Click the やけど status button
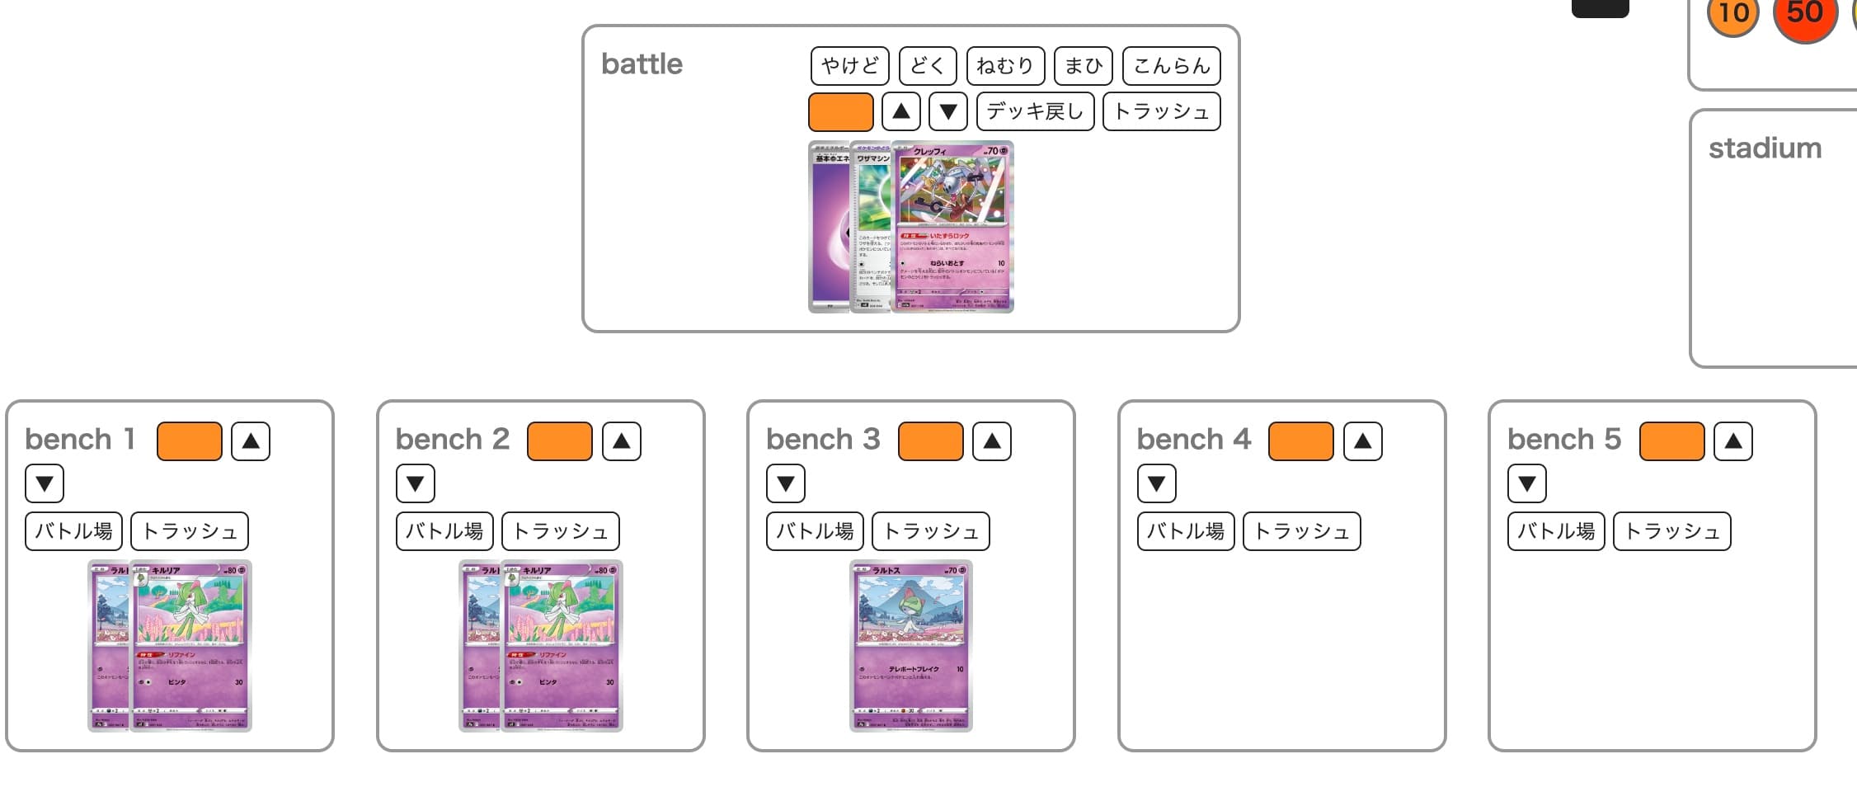point(849,66)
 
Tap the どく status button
point(927,66)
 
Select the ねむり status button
point(1004,66)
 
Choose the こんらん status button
point(1171,66)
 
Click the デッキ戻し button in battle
point(1035,111)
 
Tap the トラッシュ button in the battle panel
point(1161,111)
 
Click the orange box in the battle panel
point(840,111)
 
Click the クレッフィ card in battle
point(953,227)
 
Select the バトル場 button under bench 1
point(73,530)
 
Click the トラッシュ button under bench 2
point(560,530)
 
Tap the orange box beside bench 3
point(929,441)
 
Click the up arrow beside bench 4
point(1362,441)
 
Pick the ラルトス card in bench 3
point(910,645)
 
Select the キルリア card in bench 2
point(563,645)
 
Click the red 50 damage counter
point(1804,14)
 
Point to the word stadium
point(1765,148)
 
